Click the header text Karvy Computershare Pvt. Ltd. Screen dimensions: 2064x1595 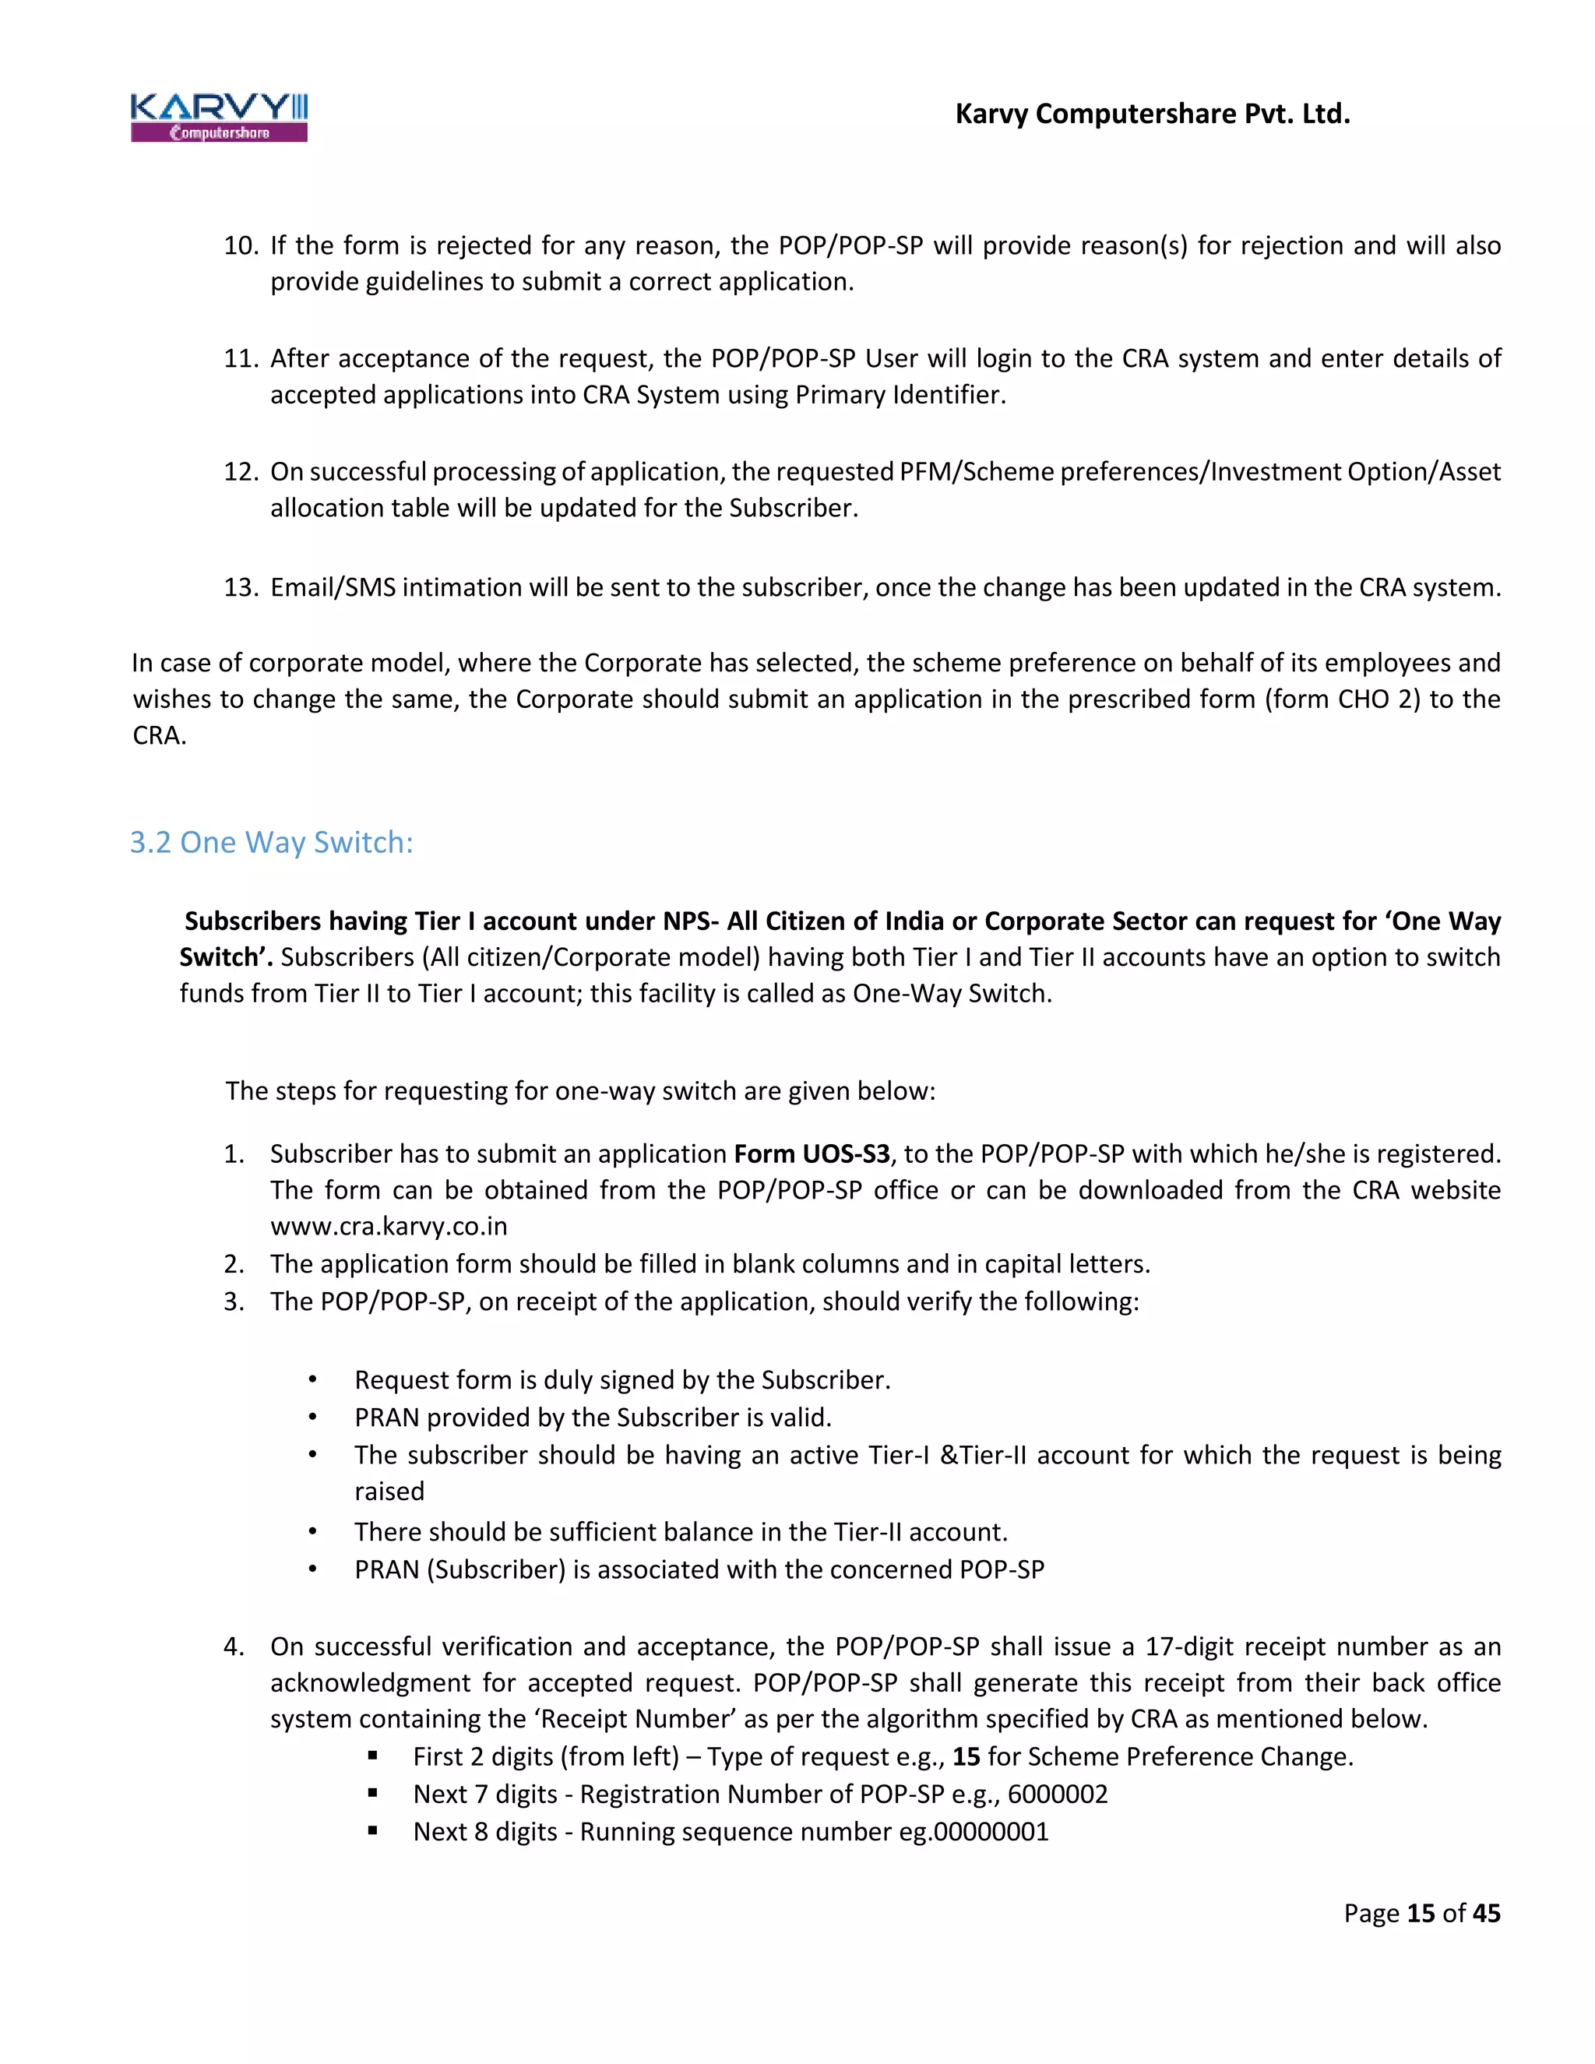(1152, 114)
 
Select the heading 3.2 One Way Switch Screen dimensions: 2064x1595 (271, 842)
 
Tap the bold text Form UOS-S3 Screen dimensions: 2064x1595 (812, 1154)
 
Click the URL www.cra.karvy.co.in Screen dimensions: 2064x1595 (389, 1227)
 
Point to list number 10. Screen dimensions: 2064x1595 (240, 245)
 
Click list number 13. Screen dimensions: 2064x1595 (240, 588)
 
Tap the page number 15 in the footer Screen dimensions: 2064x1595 (1421, 1913)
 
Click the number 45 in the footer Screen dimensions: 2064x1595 (1486, 1913)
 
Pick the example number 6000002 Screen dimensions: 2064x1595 (1058, 1794)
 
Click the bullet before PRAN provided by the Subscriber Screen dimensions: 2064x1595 (312, 1418)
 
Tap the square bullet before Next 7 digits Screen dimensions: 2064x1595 (373, 1793)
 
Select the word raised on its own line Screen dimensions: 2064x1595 (389, 1492)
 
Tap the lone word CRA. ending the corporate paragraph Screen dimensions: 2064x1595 (159, 735)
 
